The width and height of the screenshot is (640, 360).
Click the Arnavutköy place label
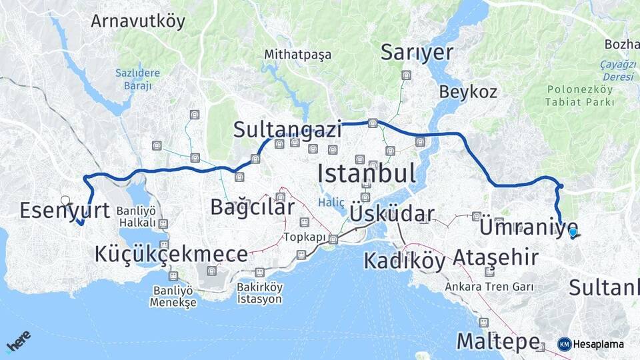(x=138, y=21)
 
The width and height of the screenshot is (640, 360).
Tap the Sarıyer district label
(x=417, y=53)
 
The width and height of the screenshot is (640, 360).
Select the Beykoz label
(x=468, y=92)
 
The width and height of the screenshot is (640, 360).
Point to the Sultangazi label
(x=287, y=129)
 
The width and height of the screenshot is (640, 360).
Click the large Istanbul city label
(x=366, y=173)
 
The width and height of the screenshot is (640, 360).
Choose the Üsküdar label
(x=391, y=214)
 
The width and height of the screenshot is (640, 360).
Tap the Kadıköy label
(x=404, y=261)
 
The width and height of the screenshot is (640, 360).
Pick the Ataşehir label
(x=495, y=257)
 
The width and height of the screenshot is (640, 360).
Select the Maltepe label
(x=497, y=341)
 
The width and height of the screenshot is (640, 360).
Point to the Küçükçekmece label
(x=171, y=253)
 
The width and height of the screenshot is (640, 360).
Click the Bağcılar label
(x=252, y=207)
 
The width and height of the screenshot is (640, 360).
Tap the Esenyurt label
(x=65, y=211)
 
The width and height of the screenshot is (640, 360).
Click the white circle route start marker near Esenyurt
(x=65, y=200)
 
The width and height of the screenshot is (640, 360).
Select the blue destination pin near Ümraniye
(x=573, y=232)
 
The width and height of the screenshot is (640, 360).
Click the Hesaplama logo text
(x=599, y=344)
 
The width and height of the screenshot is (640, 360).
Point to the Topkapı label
(x=304, y=237)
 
